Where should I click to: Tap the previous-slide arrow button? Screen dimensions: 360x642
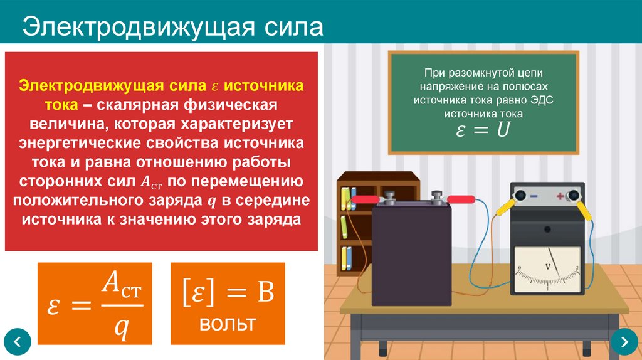(x=18, y=342)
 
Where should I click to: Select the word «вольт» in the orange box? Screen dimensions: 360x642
(x=228, y=324)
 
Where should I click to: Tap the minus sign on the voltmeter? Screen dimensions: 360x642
(x=534, y=196)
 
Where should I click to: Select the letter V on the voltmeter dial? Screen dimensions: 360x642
(x=547, y=267)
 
